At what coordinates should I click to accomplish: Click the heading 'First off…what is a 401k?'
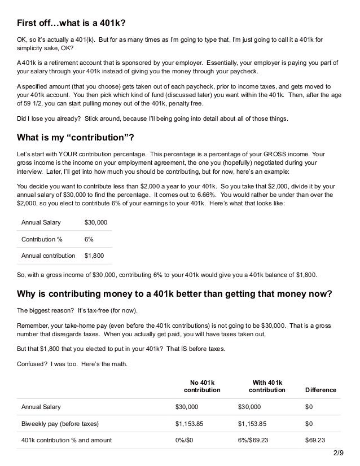pyautogui.click(x=71, y=22)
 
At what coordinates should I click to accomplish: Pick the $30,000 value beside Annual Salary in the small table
pyautogui.click(x=95, y=223)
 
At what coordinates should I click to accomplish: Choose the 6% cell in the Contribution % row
pyautogui.click(x=89, y=239)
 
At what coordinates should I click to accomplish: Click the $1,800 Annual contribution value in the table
pyautogui.click(x=93, y=256)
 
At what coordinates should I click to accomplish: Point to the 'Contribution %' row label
pyautogui.click(x=42, y=239)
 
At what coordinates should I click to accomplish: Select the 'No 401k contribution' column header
pyautogui.click(x=203, y=386)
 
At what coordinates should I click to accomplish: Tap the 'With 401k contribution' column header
pyautogui.click(x=267, y=386)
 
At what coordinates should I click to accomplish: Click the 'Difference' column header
pyautogui.click(x=320, y=390)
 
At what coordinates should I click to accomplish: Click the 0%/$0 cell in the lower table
pyautogui.click(x=185, y=439)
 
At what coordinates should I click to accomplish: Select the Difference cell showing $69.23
pyautogui.click(x=315, y=439)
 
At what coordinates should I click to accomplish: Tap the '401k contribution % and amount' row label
pyautogui.click(x=66, y=439)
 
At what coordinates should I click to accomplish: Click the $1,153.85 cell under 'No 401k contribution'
pyautogui.click(x=190, y=423)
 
